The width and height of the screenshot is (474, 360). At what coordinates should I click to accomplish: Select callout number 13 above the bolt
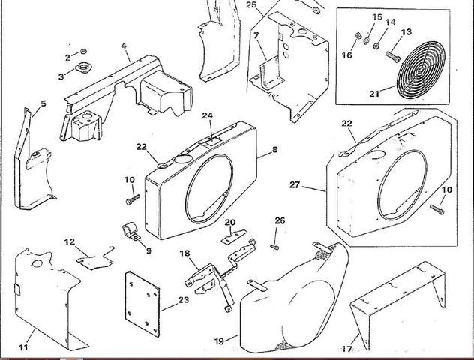407,31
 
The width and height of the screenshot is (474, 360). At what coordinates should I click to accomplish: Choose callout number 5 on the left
43,103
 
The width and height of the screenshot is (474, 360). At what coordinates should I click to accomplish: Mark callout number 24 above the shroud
208,116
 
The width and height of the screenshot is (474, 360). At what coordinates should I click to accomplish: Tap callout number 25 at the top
251,6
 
